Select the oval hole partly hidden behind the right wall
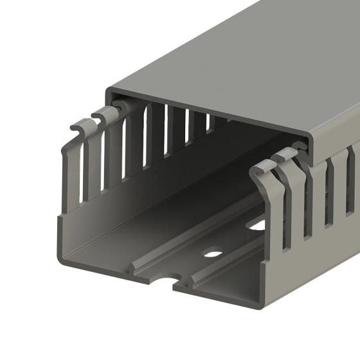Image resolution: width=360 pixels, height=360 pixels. pos(257,225)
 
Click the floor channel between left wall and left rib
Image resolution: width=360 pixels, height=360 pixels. pos(103,248)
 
